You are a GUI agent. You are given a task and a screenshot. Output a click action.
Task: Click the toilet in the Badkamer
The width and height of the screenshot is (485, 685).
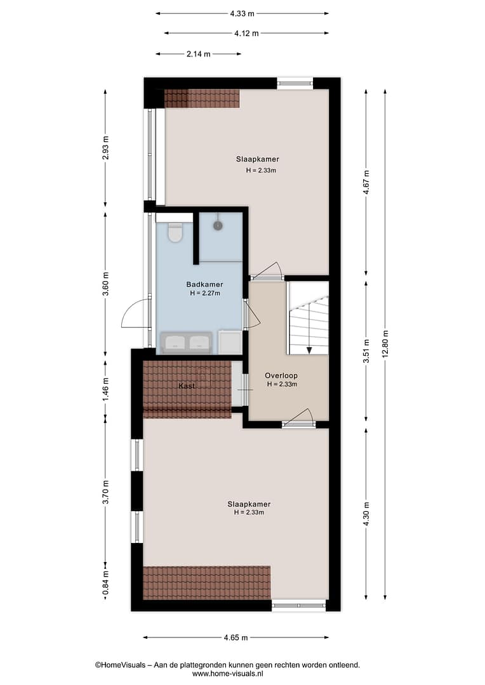(x=175, y=232)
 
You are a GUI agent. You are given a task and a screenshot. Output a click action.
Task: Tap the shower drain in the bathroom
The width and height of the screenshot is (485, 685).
(x=218, y=225)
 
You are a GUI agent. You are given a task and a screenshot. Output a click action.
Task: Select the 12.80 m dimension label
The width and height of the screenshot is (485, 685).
(x=385, y=344)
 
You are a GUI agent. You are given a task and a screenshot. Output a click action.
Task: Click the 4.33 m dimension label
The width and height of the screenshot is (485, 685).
(x=242, y=13)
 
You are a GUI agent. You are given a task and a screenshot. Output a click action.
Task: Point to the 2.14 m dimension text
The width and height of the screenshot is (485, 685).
(x=199, y=54)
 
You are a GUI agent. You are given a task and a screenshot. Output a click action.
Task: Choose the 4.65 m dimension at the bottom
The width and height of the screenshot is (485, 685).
(x=236, y=637)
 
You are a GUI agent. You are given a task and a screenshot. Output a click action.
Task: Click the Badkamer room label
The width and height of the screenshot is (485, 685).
(x=204, y=284)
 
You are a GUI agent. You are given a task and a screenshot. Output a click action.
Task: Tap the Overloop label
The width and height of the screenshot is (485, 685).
(x=281, y=375)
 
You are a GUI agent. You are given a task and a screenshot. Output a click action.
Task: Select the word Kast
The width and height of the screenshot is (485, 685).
(x=187, y=386)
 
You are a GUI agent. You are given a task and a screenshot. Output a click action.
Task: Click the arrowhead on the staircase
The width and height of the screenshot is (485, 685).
(x=309, y=350)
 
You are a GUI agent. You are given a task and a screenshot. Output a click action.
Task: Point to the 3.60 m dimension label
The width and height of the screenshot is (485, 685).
(x=105, y=284)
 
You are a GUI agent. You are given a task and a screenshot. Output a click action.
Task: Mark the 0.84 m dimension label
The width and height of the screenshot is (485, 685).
(x=105, y=584)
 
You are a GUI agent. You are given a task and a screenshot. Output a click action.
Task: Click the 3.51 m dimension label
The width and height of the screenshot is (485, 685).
(x=366, y=351)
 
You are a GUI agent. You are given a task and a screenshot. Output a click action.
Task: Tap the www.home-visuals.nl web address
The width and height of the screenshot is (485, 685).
(x=227, y=674)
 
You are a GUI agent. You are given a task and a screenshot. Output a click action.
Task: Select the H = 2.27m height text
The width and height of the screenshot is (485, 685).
(x=205, y=293)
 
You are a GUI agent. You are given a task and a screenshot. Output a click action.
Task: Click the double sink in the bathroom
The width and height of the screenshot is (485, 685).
(x=186, y=342)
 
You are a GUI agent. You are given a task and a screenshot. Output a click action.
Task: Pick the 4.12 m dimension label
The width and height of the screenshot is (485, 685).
(x=247, y=33)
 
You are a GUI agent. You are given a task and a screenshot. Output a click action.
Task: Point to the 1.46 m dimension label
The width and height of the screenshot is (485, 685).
(x=105, y=390)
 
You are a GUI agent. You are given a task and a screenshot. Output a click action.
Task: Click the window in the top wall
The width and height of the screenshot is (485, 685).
(x=295, y=83)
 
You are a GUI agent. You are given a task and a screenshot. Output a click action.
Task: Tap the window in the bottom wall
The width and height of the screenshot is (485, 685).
(x=299, y=606)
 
